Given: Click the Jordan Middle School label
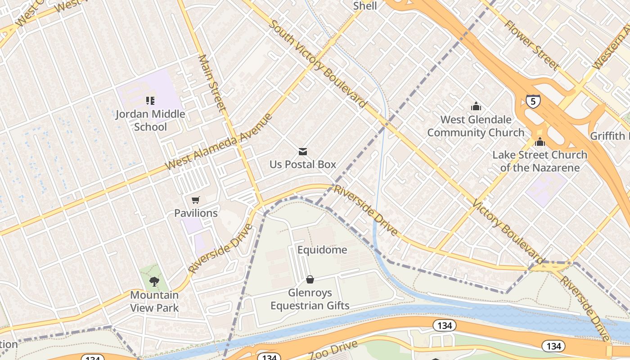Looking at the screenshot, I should [150, 120].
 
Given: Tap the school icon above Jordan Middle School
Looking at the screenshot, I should [150, 101].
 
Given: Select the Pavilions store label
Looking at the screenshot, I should [196, 213].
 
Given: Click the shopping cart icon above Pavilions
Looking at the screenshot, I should [195, 200].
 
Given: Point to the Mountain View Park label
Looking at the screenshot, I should [154, 301].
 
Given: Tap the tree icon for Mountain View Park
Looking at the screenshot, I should [154, 282].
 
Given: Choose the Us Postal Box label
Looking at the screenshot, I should [303, 164].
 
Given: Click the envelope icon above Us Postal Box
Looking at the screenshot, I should [303, 152].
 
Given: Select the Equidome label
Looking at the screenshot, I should [322, 250].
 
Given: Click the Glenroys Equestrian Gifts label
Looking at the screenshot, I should [310, 299].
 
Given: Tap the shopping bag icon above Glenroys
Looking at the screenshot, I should [310, 280].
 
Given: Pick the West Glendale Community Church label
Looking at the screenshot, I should [476, 126].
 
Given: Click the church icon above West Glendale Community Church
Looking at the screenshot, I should [476, 107].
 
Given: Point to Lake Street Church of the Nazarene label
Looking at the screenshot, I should [540, 161].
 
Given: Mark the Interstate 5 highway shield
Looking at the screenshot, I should [533, 101].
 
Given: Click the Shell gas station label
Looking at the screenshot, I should [365, 6].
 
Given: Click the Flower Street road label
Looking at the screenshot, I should [532, 45].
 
